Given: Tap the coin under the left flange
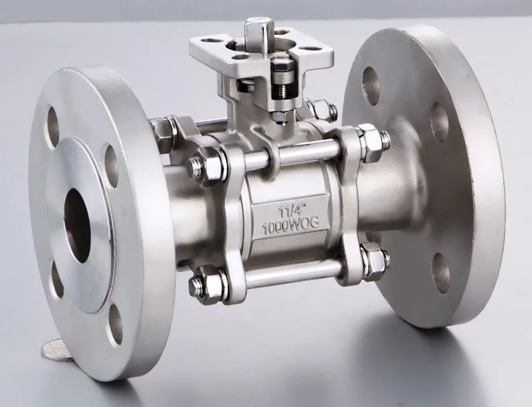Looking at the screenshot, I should pyautogui.click(x=53, y=349).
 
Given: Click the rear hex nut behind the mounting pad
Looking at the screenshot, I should pyautogui.click(x=319, y=108).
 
